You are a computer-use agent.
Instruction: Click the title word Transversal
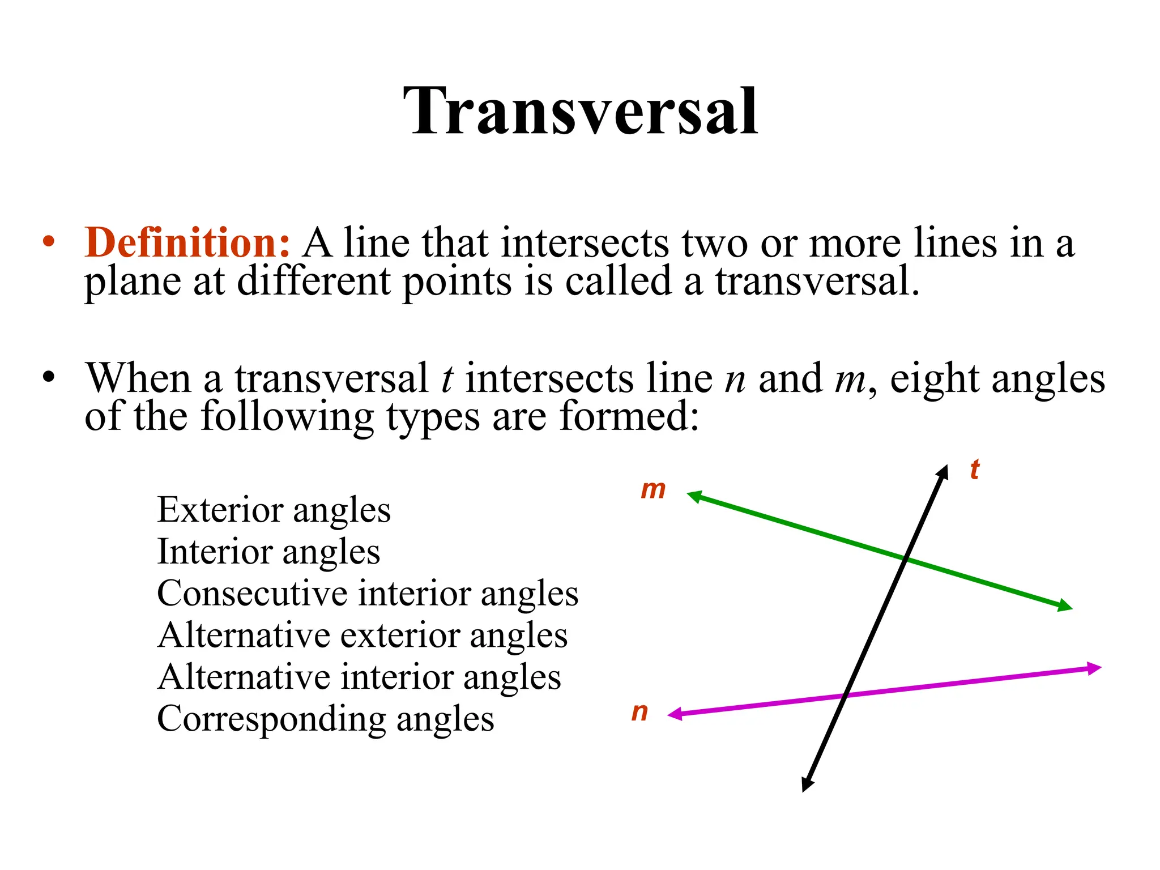[x=580, y=111]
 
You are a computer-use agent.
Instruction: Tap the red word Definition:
[x=187, y=243]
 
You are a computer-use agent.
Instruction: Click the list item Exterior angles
[x=274, y=510]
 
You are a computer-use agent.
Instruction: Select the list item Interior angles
[x=268, y=552]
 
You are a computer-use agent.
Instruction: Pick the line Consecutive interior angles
[x=368, y=594]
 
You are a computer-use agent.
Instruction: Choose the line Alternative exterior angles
[x=362, y=635]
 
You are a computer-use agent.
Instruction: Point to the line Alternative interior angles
[x=359, y=677]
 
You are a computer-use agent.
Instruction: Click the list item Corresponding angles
[x=326, y=719]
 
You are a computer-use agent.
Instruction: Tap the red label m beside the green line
[x=653, y=489]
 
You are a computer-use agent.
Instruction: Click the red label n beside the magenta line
[x=640, y=712]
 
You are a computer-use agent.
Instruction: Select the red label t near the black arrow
[x=974, y=470]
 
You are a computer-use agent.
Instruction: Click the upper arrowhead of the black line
[x=943, y=472]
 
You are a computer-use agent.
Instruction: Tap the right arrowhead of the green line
[x=1065, y=606]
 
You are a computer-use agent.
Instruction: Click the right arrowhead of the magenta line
[x=1094, y=668]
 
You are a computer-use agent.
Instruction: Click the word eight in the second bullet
[x=935, y=378]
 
